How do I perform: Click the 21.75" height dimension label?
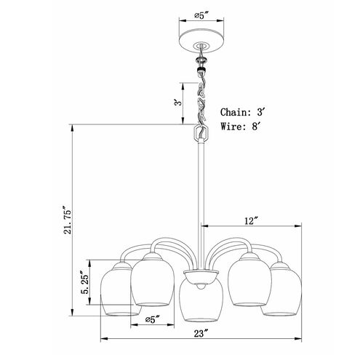(66, 220)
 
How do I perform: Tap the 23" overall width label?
(201, 333)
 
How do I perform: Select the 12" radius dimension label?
(251, 221)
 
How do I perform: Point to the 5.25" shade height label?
(85, 281)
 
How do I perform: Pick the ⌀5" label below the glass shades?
(153, 319)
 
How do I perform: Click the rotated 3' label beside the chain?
(178, 103)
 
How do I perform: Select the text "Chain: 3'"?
(241, 112)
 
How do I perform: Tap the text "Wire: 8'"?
(240, 127)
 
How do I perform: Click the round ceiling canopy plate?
(201, 41)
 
